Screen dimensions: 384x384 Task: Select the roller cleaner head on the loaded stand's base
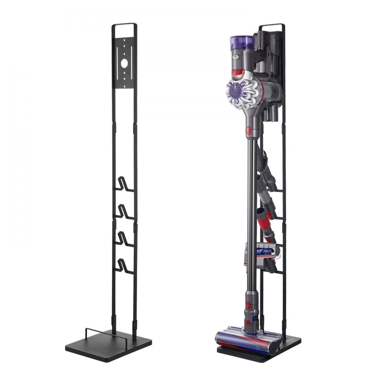[246, 342]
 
